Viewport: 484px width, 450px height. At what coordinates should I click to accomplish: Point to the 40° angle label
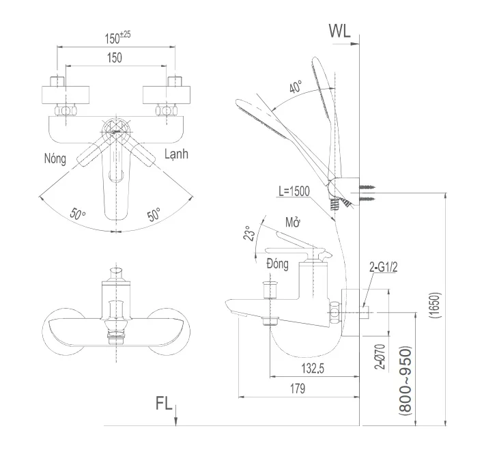point(296,88)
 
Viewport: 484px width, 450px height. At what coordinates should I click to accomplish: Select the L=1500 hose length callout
point(295,192)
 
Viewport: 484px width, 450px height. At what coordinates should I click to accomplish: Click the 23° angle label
point(251,234)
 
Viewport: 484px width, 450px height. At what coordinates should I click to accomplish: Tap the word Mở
point(293,223)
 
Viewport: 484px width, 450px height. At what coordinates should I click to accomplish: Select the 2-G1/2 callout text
point(382,266)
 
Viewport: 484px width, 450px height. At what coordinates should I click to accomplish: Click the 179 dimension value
point(297,388)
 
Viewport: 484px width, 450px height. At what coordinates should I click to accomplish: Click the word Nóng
point(55,158)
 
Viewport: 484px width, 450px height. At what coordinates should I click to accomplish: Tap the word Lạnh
point(177,154)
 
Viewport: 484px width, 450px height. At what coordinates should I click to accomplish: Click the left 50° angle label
point(79,214)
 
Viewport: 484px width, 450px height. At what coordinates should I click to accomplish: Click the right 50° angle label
point(154,214)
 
